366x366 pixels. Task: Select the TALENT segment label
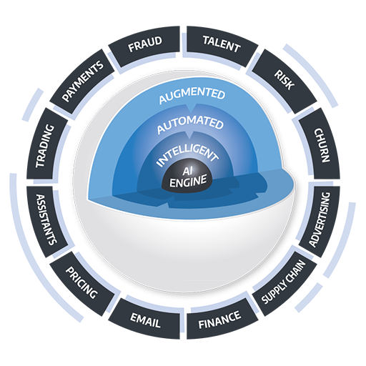(x=221, y=48)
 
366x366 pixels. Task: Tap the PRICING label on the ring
(x=81, y=282)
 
